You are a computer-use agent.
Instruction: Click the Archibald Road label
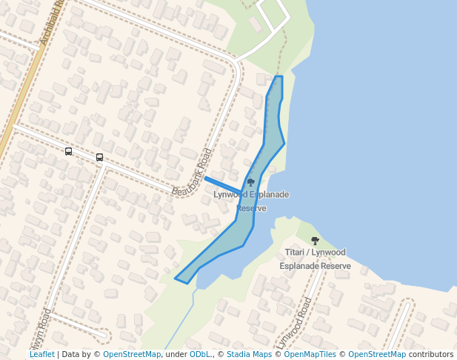tap(53, 22)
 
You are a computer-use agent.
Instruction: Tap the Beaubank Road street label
tap(193, 173)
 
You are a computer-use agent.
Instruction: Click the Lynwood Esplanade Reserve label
tap(251, 201)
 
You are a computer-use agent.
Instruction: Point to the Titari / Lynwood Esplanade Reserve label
tap(315, 259)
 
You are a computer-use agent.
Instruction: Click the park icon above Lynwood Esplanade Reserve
tap(251, 182)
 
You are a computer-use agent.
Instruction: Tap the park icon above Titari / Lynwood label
tap(315, 241)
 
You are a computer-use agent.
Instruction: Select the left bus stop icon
tap(69, 151)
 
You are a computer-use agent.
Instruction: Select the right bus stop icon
tap(100, 157)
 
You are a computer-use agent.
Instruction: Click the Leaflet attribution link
tap(42, 355)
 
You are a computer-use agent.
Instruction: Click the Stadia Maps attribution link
tap(247, 355)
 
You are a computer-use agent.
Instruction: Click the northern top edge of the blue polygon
tap(278, 76)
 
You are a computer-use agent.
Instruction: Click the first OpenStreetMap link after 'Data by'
tap(132, 355)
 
